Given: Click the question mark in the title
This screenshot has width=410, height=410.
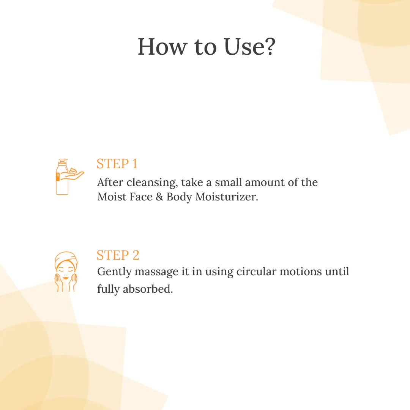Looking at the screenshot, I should pos(268,47).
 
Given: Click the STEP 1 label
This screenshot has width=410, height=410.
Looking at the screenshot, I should pos(117,164).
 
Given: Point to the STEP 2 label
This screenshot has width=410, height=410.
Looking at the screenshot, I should pos(118,255).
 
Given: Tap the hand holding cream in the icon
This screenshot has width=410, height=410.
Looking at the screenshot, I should pos(74,175).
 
